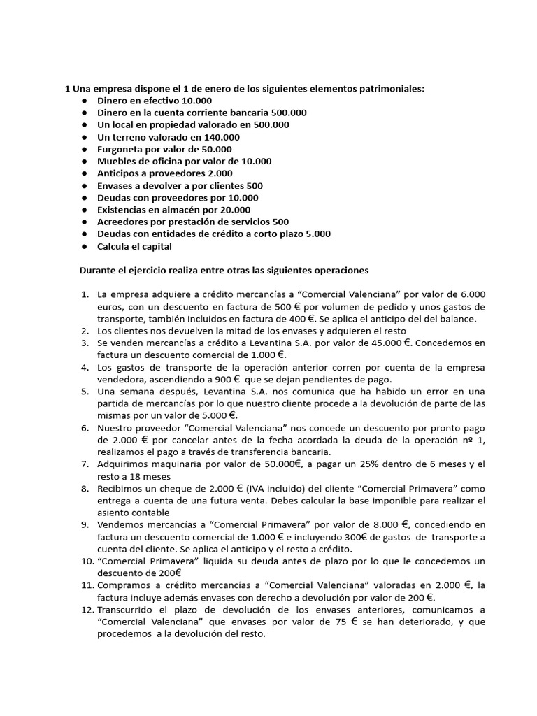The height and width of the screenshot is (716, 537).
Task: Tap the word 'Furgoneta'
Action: click(122, 149)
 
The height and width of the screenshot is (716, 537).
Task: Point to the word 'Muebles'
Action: click(116, 161)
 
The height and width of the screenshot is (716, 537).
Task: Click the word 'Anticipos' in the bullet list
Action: click(120, 173)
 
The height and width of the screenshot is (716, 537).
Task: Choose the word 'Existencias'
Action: click(124, 209)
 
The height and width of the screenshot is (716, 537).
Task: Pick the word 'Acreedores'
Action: click(123, 221)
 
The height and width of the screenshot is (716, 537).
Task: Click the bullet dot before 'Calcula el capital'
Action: click(83, 245)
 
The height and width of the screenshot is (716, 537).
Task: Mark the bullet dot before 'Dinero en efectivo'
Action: click(83, 101)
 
